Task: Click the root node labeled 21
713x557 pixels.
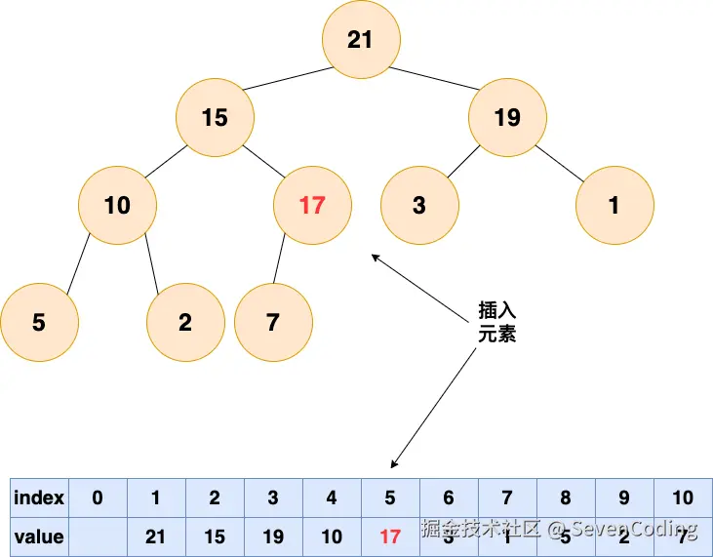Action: pyautogui.click(x=360, y=39)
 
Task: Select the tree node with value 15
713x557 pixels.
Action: pyautogui.click(x=215, y=118)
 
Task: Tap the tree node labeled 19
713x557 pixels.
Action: pyautogui.click(x=507, y=118)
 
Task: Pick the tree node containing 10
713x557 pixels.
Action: pyautogui.click(x=117, y=206)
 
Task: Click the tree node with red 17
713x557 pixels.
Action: pyautogui.click(x=312, y=206)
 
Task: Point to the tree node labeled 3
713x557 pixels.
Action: pyautogui.click(x=419, y=206)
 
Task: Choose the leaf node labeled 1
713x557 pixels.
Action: pyautogui.click(x=614, y=206)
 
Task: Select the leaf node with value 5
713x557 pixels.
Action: pyautogui.click(x=39, y=323)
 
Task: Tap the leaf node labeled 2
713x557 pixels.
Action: pyautogui.click(x=185, y=323)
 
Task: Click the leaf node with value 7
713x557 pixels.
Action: pyautogui.click(x=273, y=323)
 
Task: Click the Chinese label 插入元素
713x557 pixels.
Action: pyautogui.click(x=496, y=322)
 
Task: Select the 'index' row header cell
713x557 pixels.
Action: pyautogui.click(x=39, y=498)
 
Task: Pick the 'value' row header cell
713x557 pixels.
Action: pyautogui.click(x=39, y=537)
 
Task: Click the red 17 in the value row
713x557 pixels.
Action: pyautogui.click(x=390, y=537)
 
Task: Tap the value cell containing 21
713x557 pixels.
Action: pyautogui.click(x=155, y=537)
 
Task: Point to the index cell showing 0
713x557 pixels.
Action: pyautogui.click(x=97, y=498)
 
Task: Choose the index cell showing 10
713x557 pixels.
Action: pyautogui.click(x=683, y=498)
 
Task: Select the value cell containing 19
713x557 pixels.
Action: pyautogui.click(x=273, y=537)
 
